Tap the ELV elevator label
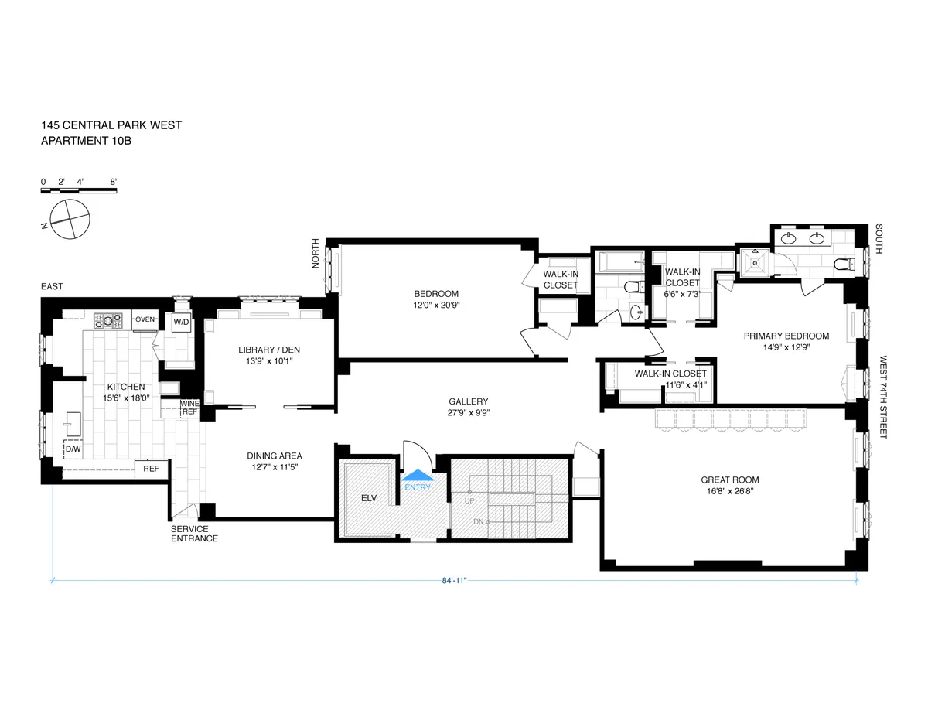click(368, 498)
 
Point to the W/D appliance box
click(181, 321)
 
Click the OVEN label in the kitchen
click(145, 319)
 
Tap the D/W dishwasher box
click(73, 449)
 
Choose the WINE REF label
click(189, 408)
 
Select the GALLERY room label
click(468, 401)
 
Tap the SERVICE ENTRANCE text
click(194, 534)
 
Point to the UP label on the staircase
click(469, 502)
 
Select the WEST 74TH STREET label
click(882, 398)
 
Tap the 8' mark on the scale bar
click(114, 182)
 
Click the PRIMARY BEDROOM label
click(786, 336)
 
